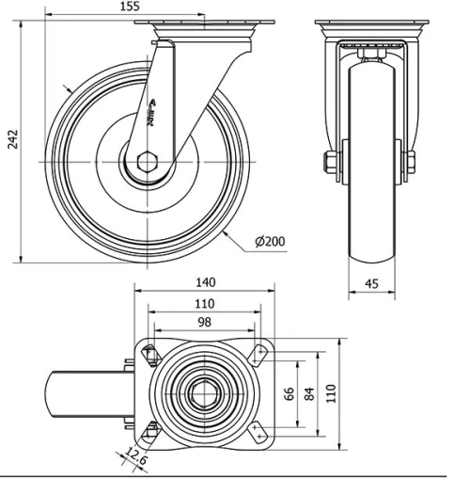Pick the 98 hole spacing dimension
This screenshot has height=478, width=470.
(x=205, y=323)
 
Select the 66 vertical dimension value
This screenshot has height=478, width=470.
(x=290, y=392)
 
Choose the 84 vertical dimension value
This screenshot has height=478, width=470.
(x=309, y=392)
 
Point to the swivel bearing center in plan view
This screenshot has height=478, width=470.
(x=205, y=392)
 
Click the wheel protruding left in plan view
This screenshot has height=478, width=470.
(x=89, y=392)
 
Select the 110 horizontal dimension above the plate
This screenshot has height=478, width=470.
(x=205, y=303)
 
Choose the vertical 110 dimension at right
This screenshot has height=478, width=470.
(x=330, y=392)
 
